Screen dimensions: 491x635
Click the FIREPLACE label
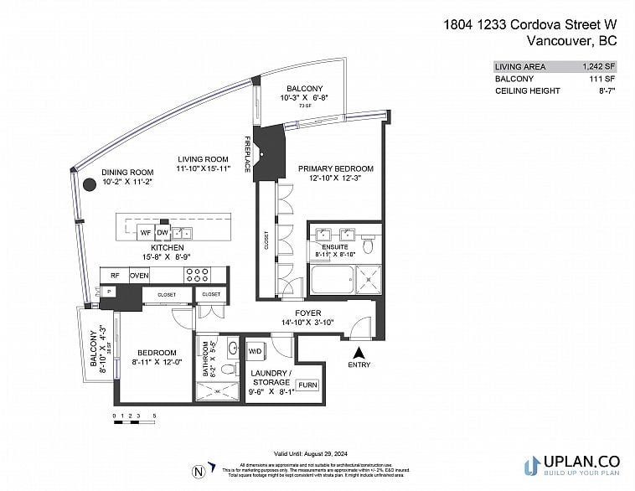(x=248, y=154)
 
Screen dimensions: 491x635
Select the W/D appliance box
(x=254, y=350)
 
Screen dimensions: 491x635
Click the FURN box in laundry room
(x=307, y=385)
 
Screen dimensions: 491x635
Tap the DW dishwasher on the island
(x=163, y=232)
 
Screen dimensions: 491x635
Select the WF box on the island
(x=145, y=232)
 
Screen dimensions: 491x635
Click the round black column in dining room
(x=88, y=185)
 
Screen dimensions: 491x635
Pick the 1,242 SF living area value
(x=600, y=66)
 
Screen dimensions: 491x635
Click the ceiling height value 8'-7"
(x=603, y=90)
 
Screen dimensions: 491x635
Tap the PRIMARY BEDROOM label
(x=336, y=168)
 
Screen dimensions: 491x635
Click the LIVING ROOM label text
(x=203, y=159)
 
